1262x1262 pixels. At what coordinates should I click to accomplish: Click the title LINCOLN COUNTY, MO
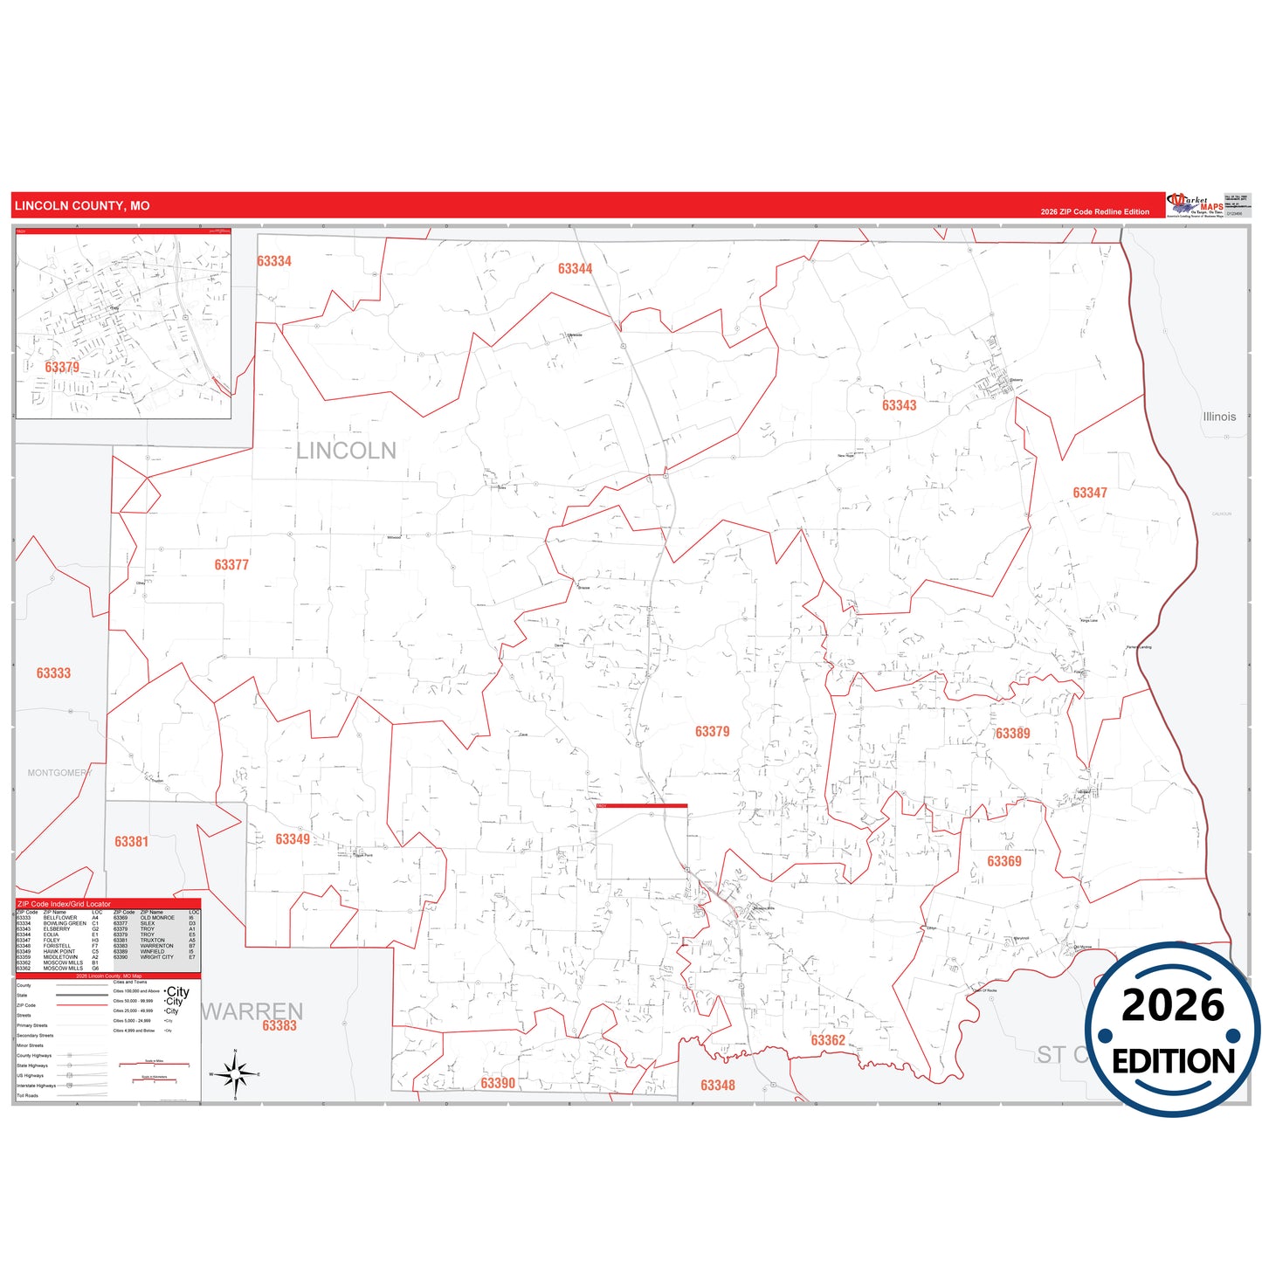coord(82,206)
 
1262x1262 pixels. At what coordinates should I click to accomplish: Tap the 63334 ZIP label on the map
coord(274,261)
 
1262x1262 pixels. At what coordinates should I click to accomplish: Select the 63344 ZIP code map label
coord(575,269)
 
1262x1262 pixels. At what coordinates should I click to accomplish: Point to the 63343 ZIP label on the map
coord(899,405)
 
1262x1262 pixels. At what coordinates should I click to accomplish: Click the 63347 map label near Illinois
coord(1089,493)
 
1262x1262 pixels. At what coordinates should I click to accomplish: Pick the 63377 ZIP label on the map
coord(231,565)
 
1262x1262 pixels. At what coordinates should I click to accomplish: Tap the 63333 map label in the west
coord(53,673)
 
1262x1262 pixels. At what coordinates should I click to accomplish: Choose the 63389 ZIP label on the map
coord(1012,734)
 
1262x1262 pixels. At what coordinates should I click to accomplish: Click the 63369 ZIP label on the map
coord(1003,861)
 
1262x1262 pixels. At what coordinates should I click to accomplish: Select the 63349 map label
coord(293,839)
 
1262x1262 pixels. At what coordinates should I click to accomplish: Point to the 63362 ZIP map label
coord(827,1040)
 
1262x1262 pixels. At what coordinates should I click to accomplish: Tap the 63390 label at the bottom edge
coord(498,1083)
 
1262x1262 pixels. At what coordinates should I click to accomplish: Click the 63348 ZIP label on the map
coord(717,1086)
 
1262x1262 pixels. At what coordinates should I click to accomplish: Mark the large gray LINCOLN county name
coord(346,451)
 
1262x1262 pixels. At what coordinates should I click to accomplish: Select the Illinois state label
coord(1219,417)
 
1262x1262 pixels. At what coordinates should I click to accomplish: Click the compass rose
coord(235,1073)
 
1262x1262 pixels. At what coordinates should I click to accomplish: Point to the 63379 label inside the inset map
coord(62,367)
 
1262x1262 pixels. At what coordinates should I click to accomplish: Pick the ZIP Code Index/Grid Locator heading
coord(64,904)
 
